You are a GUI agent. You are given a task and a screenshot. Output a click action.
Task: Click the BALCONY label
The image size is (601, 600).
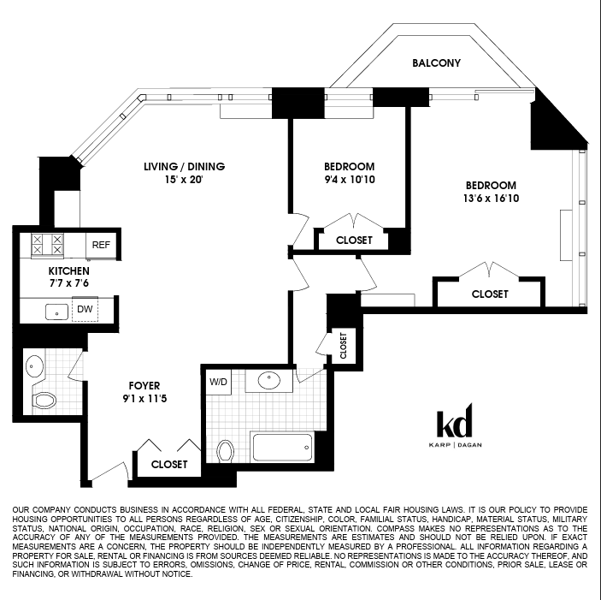tap(436, 63)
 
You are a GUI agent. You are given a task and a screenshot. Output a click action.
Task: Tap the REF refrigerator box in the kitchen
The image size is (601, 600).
tap(101, 245)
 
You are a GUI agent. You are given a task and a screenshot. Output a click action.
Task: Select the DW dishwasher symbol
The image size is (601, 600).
tap(85, 309)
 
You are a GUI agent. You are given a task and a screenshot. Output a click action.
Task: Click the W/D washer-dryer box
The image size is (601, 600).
tap(219, 382)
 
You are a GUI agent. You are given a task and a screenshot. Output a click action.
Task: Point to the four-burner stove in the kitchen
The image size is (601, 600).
tap(47, 245)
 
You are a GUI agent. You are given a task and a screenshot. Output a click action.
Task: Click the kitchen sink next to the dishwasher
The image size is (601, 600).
tap(56, 312)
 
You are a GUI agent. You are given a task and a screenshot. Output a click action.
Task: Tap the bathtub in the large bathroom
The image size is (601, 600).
tap(282, 448)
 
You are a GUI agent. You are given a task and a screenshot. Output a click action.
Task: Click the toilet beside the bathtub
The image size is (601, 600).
tap(226, 451)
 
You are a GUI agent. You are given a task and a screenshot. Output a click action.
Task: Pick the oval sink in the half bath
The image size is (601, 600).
tap(34, 366)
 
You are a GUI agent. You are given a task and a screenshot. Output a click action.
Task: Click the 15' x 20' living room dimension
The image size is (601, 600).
tap(184, 179)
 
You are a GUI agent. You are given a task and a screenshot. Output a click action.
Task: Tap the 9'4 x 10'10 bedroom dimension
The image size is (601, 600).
tap(350, 179)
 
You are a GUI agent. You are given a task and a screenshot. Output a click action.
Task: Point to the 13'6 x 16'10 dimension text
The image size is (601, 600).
tap(491, 198)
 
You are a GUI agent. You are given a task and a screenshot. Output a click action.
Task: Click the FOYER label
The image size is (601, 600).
tap(144, 385)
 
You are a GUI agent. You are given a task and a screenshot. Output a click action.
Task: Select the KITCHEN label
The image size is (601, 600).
tap(69, 270)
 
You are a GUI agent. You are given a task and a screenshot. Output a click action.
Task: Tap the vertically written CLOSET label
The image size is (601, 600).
tap(343, 346)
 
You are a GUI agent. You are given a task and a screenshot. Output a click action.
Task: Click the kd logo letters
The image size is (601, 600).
tap(455, 421)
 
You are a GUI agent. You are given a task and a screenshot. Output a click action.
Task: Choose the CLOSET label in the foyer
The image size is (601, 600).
tap(169, 465)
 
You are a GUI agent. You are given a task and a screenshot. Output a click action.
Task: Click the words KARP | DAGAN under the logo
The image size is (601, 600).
tap(455, 445)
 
